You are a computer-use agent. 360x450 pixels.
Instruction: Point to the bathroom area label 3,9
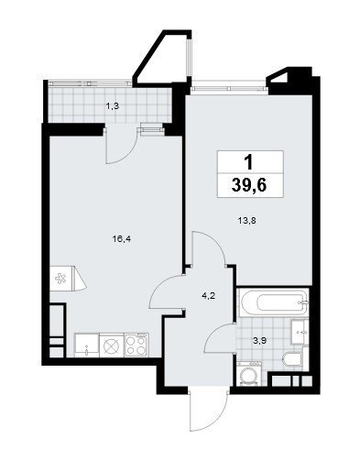point(260,341)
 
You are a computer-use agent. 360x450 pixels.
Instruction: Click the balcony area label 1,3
point(112,106)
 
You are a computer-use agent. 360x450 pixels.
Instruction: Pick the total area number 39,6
point(250,185)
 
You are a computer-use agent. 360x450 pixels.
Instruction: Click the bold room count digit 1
point(249,162)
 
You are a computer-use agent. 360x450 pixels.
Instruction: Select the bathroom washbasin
point(300,332)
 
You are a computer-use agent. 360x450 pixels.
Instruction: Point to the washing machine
point(249,373)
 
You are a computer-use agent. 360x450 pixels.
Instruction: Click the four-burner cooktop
point(136,345)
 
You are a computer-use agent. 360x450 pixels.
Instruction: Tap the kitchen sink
point(87,346)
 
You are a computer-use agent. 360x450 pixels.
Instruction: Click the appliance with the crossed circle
point(112,346)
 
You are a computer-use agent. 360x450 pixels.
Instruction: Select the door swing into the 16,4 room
point(166,291)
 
